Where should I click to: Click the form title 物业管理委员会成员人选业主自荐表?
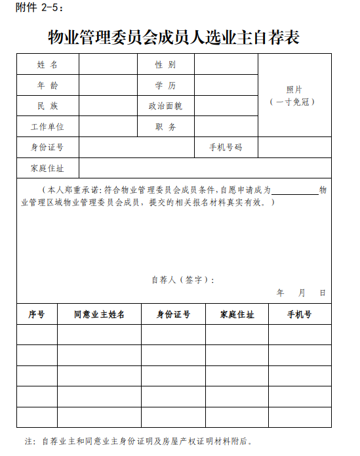(x=174, y=37)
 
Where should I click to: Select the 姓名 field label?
(x=47, y=65)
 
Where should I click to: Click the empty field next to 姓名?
(x=108, y=65)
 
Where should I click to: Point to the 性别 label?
(x=165, y=65)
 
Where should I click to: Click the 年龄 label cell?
(x=47, y=85)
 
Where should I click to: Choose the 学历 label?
(x=165, y=85)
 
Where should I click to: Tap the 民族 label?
(x=47, y=106)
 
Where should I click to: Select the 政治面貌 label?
(x=165, y=106)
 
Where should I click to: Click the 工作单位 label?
(x=47, y=127)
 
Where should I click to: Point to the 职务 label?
(x=165, y=127)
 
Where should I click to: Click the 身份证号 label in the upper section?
(x=47, y=148)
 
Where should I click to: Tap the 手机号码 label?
(x=226, y=148)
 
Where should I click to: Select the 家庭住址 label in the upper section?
(x=47, y=168)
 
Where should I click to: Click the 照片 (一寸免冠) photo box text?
(x=294, y=96)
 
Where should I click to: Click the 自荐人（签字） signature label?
(x=182, y=280)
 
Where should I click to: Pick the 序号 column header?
(x=37, y=314)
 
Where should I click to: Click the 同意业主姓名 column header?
(x=99, y=314)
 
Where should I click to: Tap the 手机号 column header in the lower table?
(x=299, y=314)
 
